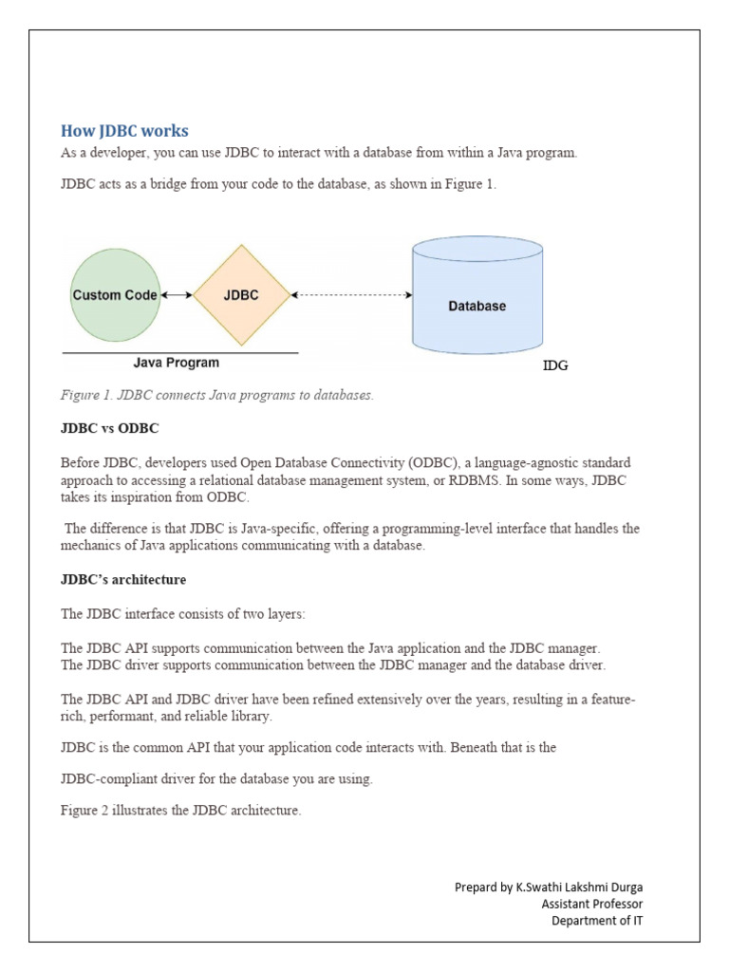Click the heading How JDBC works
[124, 131]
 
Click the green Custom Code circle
[114, 295]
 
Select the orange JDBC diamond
[241, 295]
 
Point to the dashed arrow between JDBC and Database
[351, 295]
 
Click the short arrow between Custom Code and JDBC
[177, 295]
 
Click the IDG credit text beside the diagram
[555, 365]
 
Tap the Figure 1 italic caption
[217, 394]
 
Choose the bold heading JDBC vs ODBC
[109, 428]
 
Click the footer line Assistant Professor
[591, 904]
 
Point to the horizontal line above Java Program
[180, 353]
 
